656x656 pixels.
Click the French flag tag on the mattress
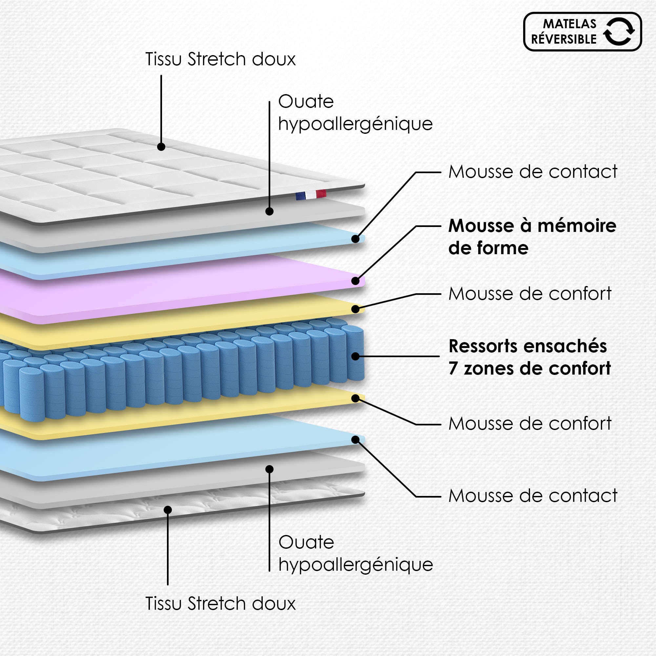point(311,195)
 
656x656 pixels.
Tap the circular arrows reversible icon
point(619,31)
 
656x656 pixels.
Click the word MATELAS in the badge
point(569,24)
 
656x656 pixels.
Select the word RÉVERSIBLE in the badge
point(564,39)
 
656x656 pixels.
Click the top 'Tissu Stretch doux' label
point(220,59)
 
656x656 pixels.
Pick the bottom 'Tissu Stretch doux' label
point(220,604)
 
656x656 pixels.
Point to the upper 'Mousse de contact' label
point(533,172)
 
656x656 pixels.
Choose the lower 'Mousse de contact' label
point(533,496)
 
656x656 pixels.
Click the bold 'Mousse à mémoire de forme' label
point(532,237)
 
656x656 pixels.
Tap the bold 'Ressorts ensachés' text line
point(528,346)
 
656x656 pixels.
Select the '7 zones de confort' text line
point(529,369)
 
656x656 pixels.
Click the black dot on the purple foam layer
point(356,281)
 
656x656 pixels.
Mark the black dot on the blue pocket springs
point(356,356)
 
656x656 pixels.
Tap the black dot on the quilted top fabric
point(161,147)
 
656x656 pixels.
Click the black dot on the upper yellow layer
point(356,309)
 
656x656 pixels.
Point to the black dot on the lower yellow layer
point(356,398)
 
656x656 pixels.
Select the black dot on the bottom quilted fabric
point(168,510)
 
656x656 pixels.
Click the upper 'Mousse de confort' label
point(530,294)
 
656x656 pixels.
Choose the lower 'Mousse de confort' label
point(530,424)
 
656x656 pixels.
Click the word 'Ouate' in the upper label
point(306,102)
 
